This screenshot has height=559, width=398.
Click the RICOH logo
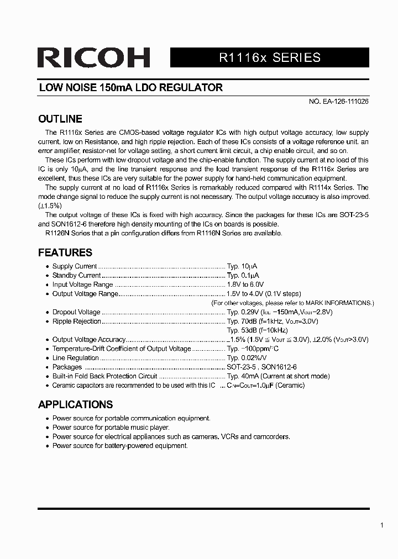click(x=94, y=57)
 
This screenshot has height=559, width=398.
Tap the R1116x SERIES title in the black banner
click(x=270, y=57)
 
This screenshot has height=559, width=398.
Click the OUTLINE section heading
click(x=60, y=119)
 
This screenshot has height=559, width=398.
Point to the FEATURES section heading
click(x=65, y=252)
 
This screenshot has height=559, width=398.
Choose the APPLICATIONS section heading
click(x=75, y=404)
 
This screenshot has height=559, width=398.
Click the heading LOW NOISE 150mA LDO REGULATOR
click(x=130, y=87)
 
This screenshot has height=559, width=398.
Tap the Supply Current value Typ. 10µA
click(x=242, y=266)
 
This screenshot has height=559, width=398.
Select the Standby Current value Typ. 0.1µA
click(x=243, y=275)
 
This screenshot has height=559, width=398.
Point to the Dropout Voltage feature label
click(x=76, y=312)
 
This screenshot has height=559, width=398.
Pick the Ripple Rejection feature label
click(x=77, y=321)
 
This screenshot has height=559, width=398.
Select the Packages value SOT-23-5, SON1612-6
click(x=261, y=367)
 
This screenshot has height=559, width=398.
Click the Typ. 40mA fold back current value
click(x=278, y=376)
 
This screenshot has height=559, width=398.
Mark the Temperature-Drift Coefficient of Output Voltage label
click(x=121, y=349)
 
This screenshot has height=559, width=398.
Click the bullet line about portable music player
click(x=111, y=428)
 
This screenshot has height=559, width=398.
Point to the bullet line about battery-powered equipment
click(x=120, y=445)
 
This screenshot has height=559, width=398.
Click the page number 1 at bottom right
click(x=382, y=525)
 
